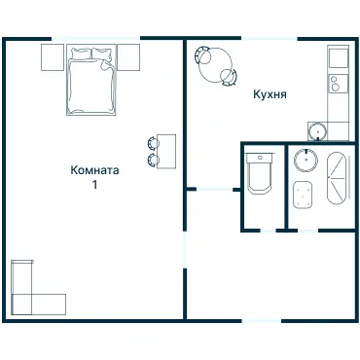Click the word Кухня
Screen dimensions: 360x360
point(270,94)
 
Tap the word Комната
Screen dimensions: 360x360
point(94,170)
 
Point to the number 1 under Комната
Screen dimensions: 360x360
point(94,185)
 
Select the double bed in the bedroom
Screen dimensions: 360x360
point(91,80)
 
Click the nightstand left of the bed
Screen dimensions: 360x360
point(53,57)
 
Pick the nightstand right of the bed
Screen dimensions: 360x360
point(128,57)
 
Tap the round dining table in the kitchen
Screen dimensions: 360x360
point(216,65)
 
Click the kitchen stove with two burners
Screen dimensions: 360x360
point(338,83)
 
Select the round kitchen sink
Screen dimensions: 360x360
point(317,131)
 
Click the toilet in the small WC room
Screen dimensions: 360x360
point(260,173)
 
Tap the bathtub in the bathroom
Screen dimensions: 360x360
point(337,178)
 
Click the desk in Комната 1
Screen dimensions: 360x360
point(166,152)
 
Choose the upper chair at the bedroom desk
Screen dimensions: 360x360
point(153,143)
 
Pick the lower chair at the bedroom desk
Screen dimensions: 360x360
point(153,160)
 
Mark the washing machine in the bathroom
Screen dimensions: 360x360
point(303,195)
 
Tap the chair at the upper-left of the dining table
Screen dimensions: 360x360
point(202,54)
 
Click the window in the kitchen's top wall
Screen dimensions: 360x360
point(270,39)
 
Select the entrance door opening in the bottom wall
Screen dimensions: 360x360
point(262,321)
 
